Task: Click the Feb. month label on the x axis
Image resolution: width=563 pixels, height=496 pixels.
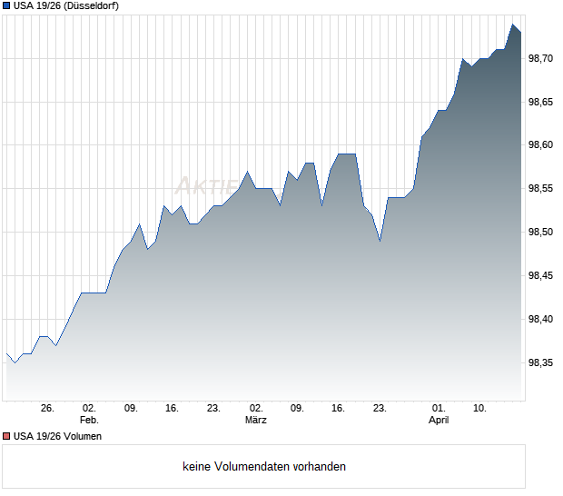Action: tap(89, 421)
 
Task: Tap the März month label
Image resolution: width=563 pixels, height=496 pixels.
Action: tap(256, 421)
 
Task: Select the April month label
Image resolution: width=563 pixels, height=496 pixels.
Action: tap(439, 421)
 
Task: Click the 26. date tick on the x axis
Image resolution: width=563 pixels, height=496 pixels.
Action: tap(48, 409)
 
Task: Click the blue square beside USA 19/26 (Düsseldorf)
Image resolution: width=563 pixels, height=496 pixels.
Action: tap(6, 5)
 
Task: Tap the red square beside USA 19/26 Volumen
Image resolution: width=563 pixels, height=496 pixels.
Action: tap(6, 437)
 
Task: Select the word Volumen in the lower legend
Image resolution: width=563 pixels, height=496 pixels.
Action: tap(81, 437)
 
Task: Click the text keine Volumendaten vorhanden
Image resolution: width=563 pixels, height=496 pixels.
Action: tap(264, 467)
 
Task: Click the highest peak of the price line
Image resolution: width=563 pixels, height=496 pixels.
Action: tap(513, 25)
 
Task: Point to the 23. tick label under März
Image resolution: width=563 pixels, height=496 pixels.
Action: tap(380, 409)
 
